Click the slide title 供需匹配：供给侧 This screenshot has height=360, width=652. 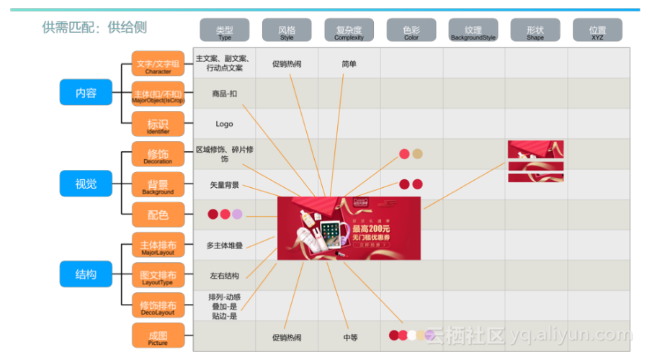click(x=94, y=27)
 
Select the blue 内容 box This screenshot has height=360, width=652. click(x=86, y=93)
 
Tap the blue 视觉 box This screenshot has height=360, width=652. click(x=86, y=184)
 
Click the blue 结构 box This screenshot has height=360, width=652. click(x=86, y=274)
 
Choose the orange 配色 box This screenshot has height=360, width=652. click(x=158, y=215)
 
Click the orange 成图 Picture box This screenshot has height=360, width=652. click(x=158, y=336)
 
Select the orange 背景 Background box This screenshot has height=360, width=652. click(x=158, y=185)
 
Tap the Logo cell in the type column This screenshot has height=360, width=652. click(x=224, y=124)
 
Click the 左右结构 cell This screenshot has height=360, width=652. click(x=224, y=276)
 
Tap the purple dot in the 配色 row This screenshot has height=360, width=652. click(x=237, y=215)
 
